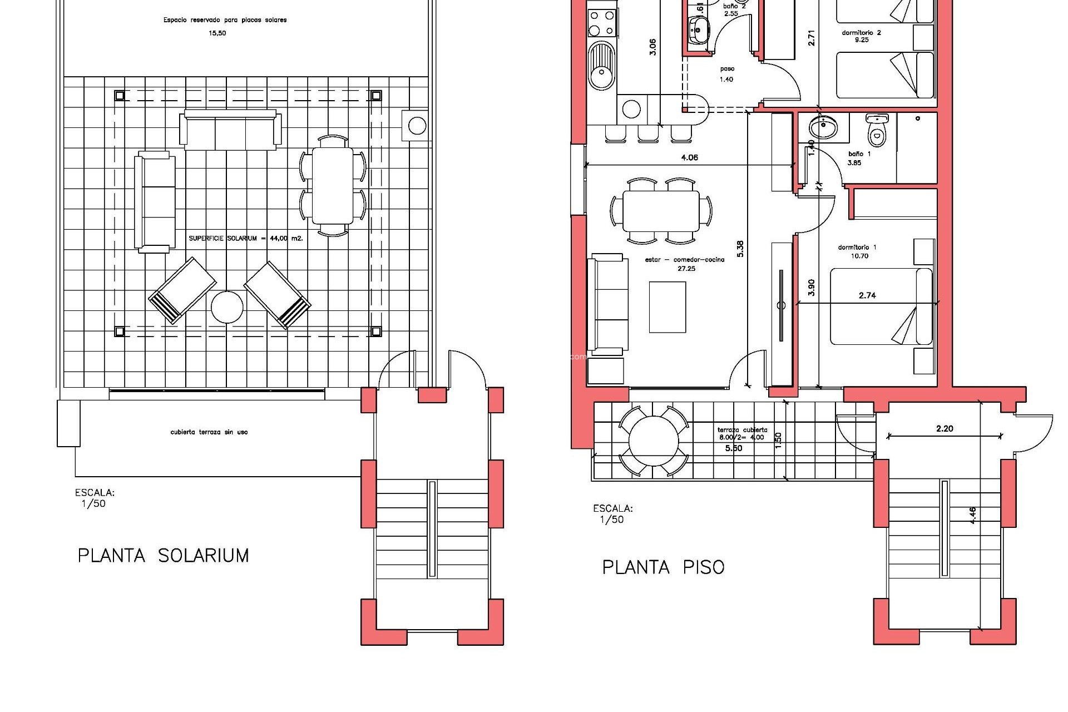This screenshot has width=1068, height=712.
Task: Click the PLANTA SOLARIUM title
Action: pyautogui.click(x=163, y=555)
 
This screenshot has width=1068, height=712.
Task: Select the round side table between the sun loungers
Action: pyautogui.click(x=227, y=307)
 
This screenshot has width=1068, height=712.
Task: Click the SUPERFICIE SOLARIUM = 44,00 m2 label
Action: pyautogui.click(x=245, y=238)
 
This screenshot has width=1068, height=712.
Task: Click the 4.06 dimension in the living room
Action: pyautogui.click(x=689, y=157)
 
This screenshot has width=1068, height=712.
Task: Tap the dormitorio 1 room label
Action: pyautogui.click(x=857, y=248)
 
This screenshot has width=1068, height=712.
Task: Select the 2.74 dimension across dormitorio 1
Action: pyautogui.click(x=867, y=295)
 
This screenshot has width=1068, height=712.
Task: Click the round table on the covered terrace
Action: pyautogui.click(x=654, y=441)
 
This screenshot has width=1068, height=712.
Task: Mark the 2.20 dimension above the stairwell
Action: pyautogui.click(x=945, y=428)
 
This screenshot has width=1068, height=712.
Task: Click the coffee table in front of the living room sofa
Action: pyautogui.click(x=667, y=306)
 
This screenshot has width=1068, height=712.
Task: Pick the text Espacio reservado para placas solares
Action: pyautogui.click(x=225, y=20)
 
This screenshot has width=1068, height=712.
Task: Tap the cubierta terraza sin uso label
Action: pyautogui.click(x=209, y=432)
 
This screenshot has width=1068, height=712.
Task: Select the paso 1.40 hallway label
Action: pyautogui.click(x=726, y=74)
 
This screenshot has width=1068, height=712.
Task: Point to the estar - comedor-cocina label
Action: pyautogui.click(x=685, y=260)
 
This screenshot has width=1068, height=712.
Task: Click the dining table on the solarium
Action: pyautogui.click(x=332, y=185)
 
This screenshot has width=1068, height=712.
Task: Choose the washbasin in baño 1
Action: pyautogui.click(x=822, y=128)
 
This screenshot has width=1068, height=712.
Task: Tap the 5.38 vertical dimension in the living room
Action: pyautogui.click(x=740, y=249)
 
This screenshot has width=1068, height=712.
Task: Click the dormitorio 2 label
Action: pyautogui.click(x=861, y=33)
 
